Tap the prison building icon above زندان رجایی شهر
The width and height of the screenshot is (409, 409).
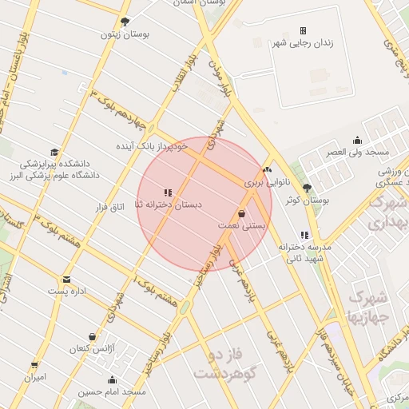click(x=303, y=30)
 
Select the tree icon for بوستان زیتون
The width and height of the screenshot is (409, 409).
click(x=124, y=22)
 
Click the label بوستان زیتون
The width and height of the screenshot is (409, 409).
click(x=121, y=34)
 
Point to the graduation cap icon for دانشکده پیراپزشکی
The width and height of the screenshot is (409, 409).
click(x=54, y=151)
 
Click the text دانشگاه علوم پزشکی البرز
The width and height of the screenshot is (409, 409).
click(x=52, y=174)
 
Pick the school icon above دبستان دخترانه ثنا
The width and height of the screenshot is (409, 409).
click(x=168, y=193)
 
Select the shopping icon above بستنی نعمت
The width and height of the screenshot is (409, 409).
click(x=241, y=213)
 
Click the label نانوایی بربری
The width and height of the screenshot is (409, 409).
click(x=264, y=183)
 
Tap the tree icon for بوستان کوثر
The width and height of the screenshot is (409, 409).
click(x=307, y=188)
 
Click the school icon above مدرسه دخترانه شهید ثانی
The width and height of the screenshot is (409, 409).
click(x=304, y=235)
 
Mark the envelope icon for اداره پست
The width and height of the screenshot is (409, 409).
click(x=66, y=280)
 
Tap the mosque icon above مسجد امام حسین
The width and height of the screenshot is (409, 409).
click(x=113, y=380)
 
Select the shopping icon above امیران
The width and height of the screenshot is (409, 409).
click(x=34, y=365)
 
